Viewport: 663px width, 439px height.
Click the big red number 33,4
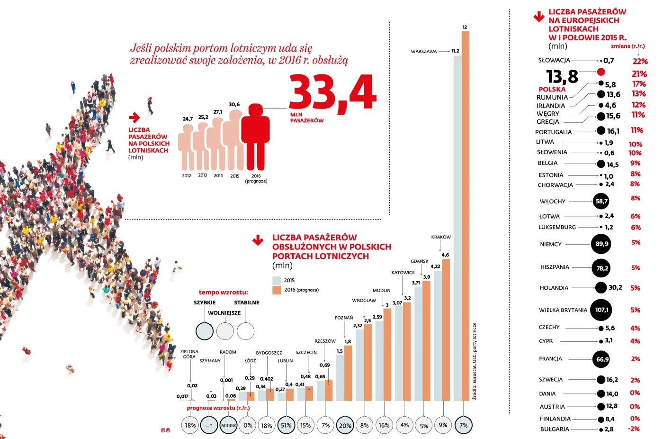(x=332, y=93)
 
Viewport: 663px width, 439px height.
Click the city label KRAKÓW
(x=441, y=237)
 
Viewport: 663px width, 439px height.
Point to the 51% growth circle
(x=286, y=425)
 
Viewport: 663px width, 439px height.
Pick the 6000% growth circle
(x=228, y=425)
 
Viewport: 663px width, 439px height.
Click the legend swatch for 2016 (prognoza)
(x=277, y=290)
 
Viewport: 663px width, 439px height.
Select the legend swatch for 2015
(x=277, y=280)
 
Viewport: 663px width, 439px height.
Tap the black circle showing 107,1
(x=601, y=310)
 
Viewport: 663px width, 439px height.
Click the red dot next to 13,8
(x=601, y=72)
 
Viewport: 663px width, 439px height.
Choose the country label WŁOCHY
(x=553, y=201)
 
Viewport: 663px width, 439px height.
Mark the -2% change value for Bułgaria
(x=634, y=429)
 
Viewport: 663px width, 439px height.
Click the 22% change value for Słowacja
(x=640, y=61)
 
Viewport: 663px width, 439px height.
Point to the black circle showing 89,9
(x=601, y=244)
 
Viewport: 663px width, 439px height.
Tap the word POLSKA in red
(x=552, y=89)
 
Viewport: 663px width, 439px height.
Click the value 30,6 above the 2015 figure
(x=234, y=104)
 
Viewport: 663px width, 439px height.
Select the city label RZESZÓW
(x=325, y=341)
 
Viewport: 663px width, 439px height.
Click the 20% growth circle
(x=345, y=425)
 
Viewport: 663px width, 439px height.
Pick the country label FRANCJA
(x=550, y=359)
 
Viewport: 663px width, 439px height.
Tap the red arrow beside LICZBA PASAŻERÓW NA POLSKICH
(x=134, y=118)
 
